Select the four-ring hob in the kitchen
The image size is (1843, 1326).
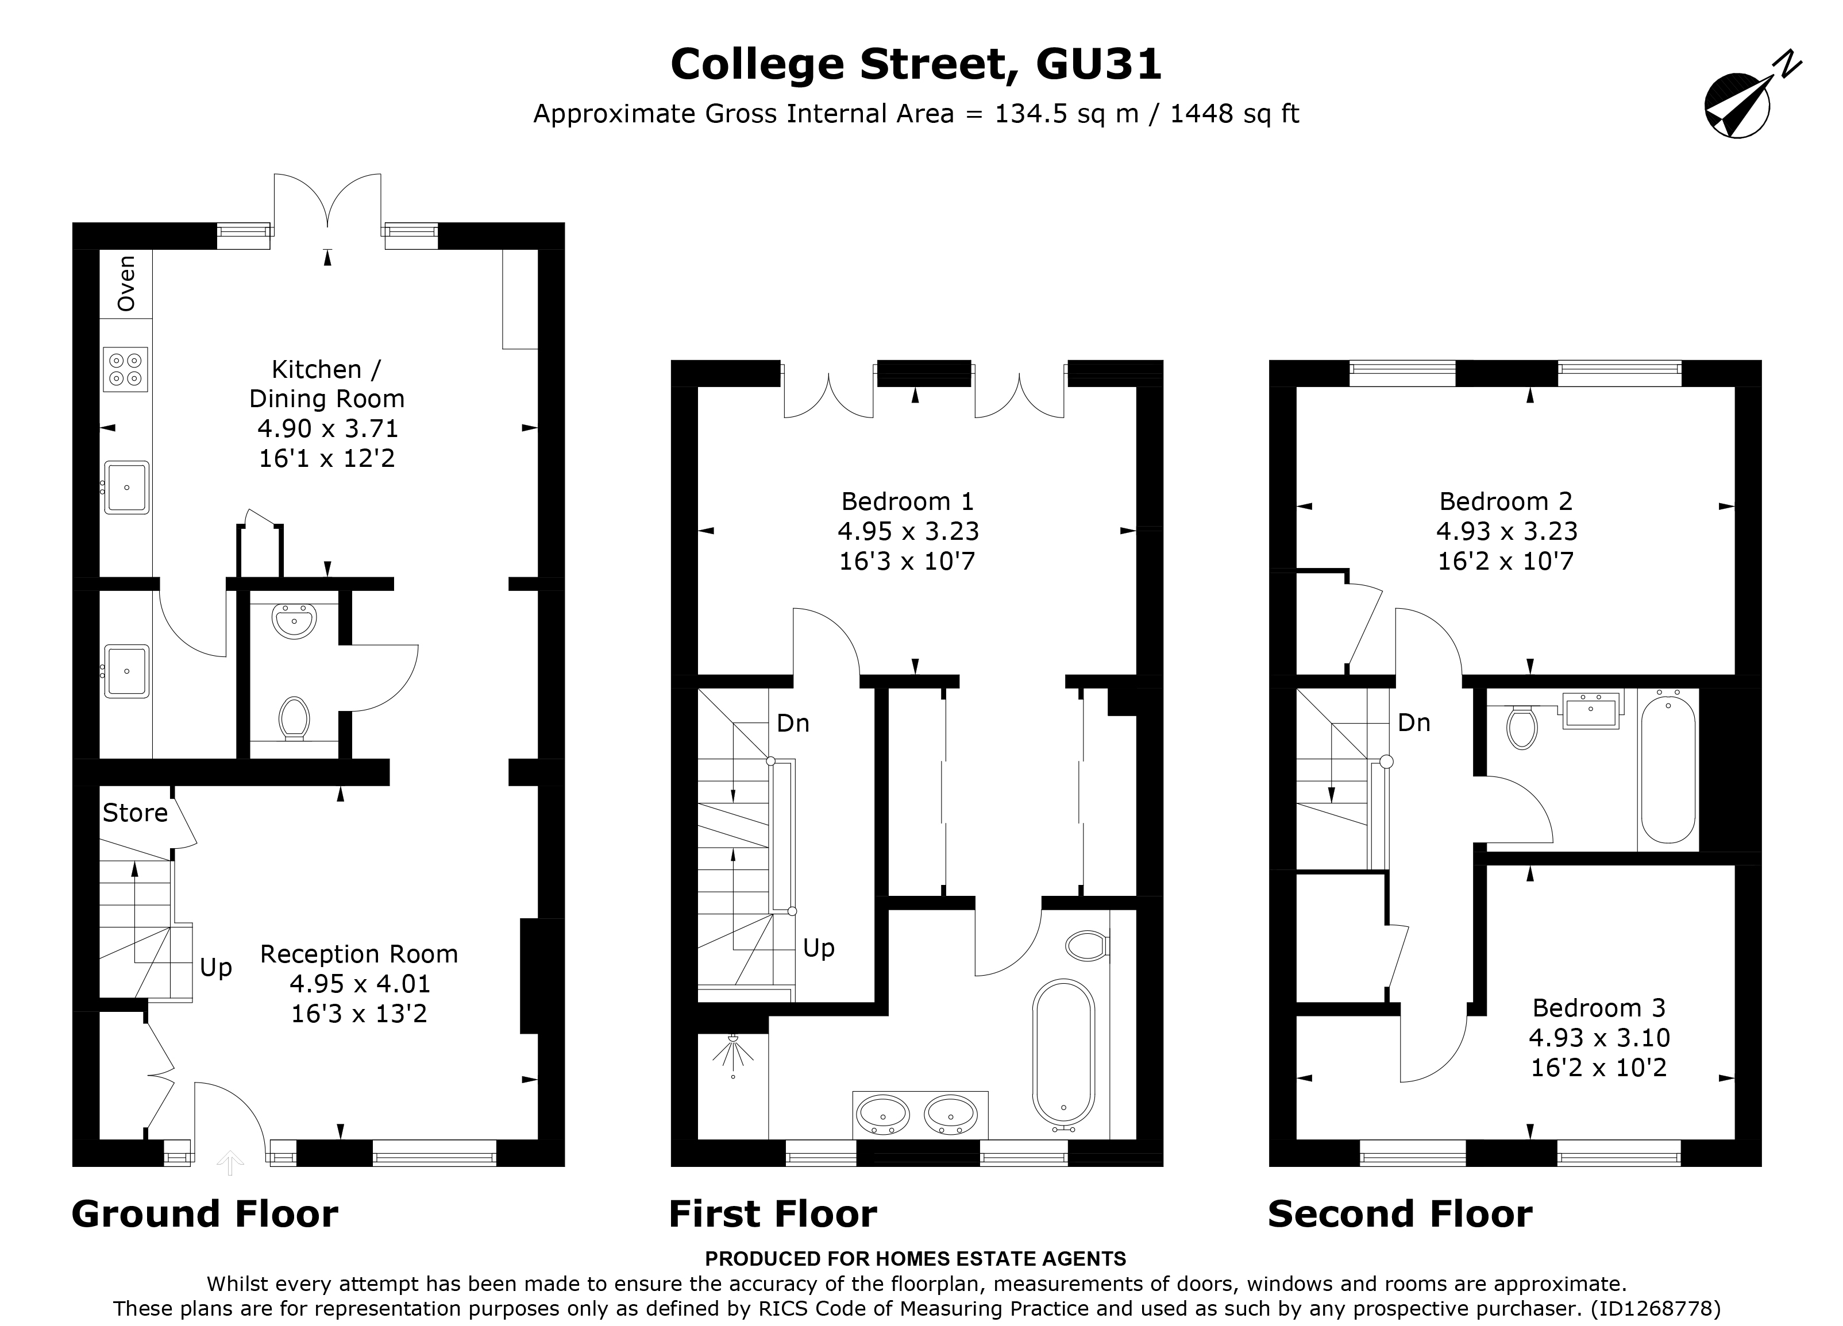click(x=126, y=370)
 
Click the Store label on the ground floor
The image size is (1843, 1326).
click(x=135, y=813)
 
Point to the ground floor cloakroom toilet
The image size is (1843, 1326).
click(x=294, y=717)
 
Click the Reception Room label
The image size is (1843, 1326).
click(x=358, y=954)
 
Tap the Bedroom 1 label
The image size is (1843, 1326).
click(x=908, y=501)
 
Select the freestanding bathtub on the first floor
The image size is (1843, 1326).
click(x=1064, y=1054)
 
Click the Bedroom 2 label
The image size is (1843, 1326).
click(x=1506, y=501)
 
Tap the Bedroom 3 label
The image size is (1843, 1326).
click(x=1598, y=1008)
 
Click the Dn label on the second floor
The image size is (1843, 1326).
click(x=1414, y=722)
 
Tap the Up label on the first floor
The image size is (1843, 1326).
click(x=818, y=948)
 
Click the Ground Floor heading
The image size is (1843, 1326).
click(x=205, y=1214)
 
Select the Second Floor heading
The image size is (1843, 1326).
click(x=1399, y=1214)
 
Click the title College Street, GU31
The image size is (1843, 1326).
click(x=916, y=64)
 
